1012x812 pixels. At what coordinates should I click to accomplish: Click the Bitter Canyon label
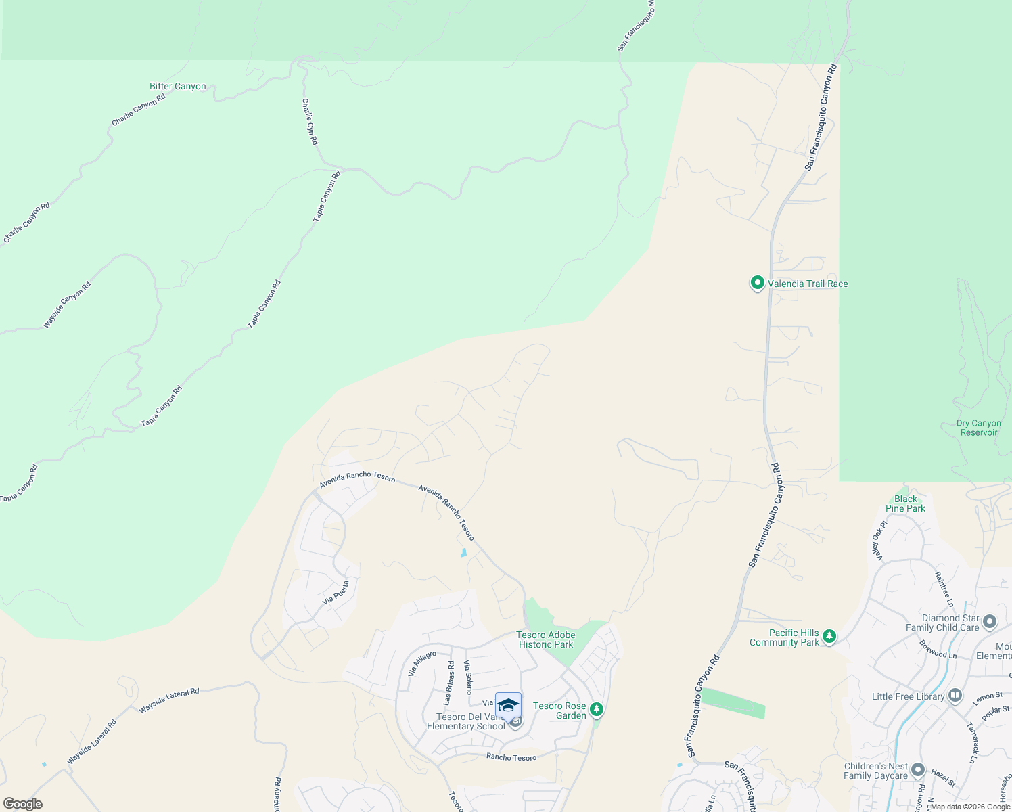click(x=177, y=87)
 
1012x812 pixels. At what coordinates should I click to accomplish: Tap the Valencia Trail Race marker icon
click(x=758, y=283)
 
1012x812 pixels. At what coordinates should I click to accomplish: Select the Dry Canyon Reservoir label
click(x=978, y=428)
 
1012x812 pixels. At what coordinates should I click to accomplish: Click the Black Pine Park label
click(x=905, y=504)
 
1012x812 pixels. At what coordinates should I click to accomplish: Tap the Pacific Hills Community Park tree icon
click(x=829, y=636)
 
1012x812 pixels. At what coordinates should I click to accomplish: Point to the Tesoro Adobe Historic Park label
click(x=546, y=639)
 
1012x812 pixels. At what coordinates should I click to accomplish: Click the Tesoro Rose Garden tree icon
click(x=596, y=709)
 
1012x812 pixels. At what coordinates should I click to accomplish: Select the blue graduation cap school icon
click(x=508, y=705)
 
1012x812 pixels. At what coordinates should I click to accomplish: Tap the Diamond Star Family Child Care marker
click(x=990, y=621)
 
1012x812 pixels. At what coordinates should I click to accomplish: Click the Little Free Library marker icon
click(x=955, y=695)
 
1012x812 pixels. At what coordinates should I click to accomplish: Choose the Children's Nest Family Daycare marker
click(x=918, y=770)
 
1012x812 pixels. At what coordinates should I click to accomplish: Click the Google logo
click(x=22, y=804)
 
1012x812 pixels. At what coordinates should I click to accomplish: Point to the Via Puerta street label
click(x=336, y=593)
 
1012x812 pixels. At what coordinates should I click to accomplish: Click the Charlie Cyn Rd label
click(x=310, y=122)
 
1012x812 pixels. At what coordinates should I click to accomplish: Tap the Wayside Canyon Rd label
click(x=66, y=305)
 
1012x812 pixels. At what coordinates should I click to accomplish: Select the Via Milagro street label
click(x=422, y=664)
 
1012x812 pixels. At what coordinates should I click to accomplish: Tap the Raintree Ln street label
click(x=944, y=589)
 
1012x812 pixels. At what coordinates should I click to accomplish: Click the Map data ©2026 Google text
click(x=969, y=807)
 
